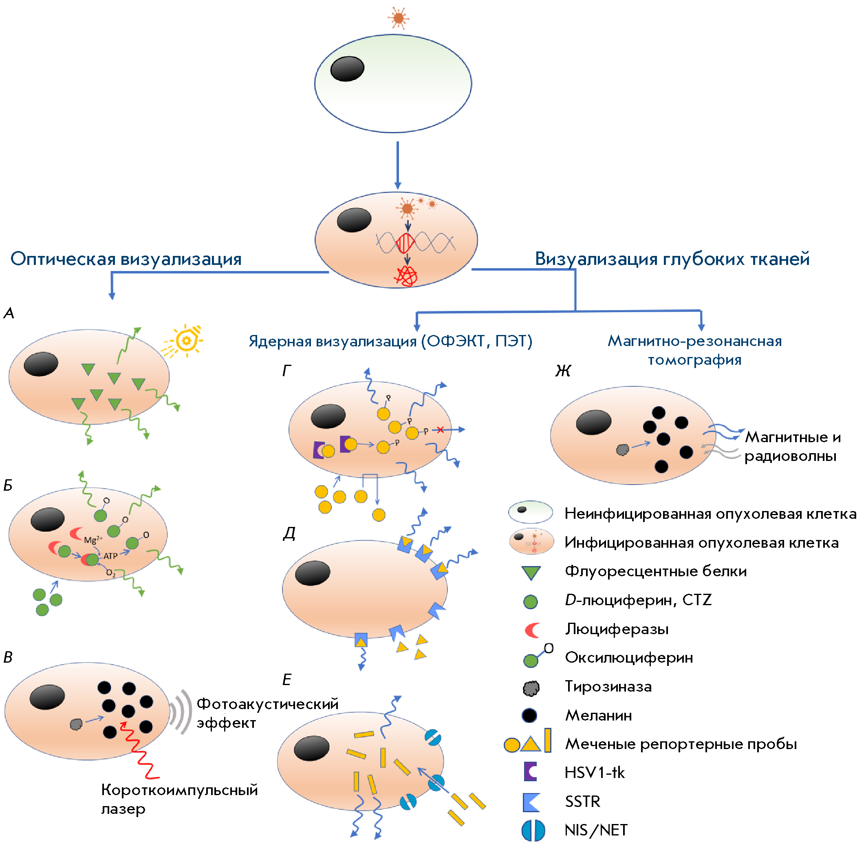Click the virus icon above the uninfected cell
click(398, 18)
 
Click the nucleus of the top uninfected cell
click(347, 69)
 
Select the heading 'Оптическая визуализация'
click(126, 259)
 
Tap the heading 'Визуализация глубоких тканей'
click(672, 259)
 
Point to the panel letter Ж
click(563, 370)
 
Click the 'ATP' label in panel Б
click(110, 556)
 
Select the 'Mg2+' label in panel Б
click(93, 540)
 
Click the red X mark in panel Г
click(440, 430)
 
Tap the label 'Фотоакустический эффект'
click(267, 713)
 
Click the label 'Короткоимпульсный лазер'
click(179, 799)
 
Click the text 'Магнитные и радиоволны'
click(792, 446)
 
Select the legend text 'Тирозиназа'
click(608, 687)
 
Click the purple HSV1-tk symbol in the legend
click(531, 772)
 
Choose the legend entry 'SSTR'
click(582, 802)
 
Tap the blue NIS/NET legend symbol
click(533, 830)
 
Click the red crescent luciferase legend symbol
click(532, 630)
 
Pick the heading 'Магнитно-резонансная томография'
click(694, 350)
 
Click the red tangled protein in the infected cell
click(405, 276)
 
